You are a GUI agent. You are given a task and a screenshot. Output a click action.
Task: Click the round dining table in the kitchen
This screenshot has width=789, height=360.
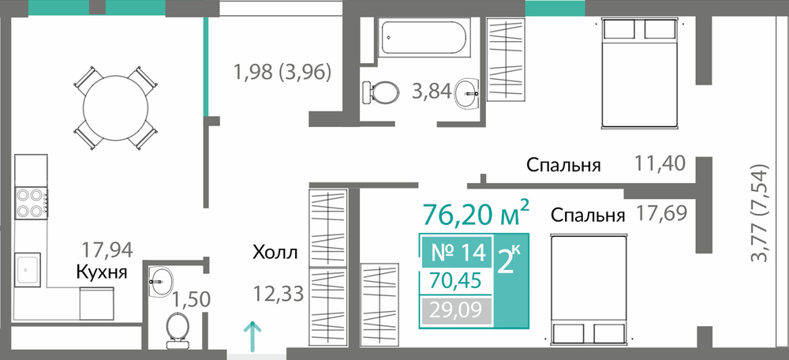coord(116,108)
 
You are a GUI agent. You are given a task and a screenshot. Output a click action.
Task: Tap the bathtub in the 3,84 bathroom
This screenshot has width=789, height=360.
coord(424,36)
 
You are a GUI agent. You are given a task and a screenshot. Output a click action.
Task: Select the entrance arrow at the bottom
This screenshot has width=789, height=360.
coord(252,336)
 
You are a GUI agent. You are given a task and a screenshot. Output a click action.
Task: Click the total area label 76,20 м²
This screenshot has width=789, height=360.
coord(476,214)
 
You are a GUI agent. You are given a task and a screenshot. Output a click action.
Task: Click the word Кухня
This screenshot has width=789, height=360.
coord(102,272)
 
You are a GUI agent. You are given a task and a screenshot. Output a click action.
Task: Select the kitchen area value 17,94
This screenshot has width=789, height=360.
coord(107,249)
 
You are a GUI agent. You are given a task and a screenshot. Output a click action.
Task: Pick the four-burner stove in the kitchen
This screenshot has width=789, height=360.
coord(32,203)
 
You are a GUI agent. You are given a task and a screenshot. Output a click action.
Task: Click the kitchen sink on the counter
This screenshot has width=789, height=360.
coord(27,269)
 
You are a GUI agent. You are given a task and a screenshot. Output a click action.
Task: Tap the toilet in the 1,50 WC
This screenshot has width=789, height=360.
coord(176,330)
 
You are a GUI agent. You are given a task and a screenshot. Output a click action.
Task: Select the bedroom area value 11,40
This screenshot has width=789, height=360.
coord(660,163)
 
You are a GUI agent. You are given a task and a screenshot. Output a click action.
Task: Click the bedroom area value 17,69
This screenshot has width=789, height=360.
coord(661,213)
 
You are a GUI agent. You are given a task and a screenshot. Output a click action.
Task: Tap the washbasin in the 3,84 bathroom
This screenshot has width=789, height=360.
coord(466,93)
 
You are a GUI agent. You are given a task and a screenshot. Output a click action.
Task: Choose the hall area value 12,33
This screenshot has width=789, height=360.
coord(279,293)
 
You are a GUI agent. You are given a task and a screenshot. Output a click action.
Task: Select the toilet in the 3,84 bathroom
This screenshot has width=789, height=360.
coord(380,92)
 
